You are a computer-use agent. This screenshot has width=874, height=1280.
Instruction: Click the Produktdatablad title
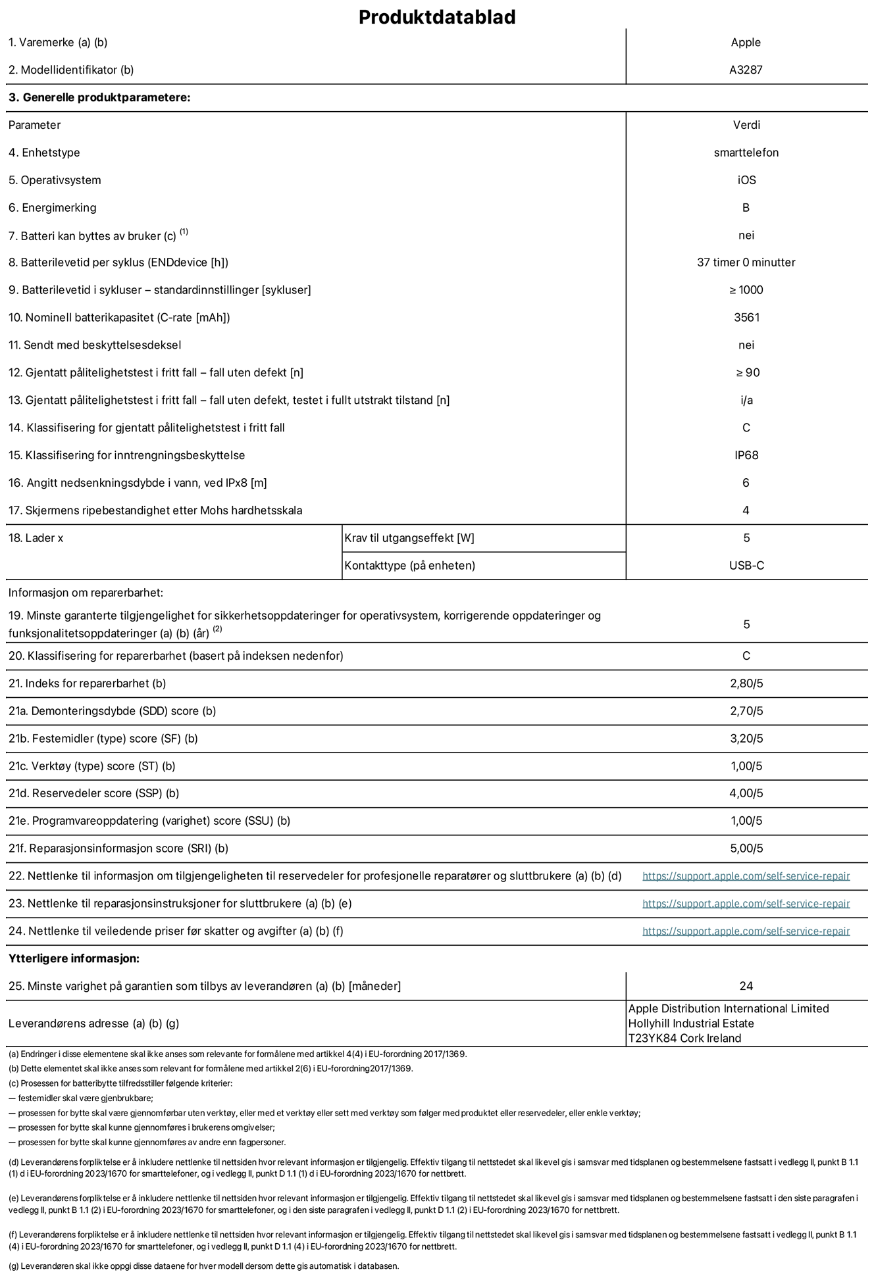click(x=436, y=17)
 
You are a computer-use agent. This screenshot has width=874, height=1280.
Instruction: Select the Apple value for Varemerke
click(x=746, y=43)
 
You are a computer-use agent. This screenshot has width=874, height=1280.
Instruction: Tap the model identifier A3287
click(x=746, y=70)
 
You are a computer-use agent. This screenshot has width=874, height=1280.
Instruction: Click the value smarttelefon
click(x=746, y=153)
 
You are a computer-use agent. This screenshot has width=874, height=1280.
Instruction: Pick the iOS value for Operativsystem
click(x=746, y=180)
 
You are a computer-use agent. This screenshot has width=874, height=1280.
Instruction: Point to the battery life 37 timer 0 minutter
click(x=746, y=262)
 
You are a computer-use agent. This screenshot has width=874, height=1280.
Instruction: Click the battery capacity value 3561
click(x=746, y=318)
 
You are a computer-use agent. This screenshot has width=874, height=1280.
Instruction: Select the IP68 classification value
click(x=746, y=455)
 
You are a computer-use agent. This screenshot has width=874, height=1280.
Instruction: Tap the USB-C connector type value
click(x=746, y=566)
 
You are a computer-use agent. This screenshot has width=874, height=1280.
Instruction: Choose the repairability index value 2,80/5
click(x=746, y=683)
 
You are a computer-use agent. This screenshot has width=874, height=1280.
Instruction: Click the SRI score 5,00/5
click(x=746, y=849)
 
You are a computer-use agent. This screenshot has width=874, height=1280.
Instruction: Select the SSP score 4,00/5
click(x=746, y=793)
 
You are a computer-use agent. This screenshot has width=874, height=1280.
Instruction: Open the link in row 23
click(x=746, y=904)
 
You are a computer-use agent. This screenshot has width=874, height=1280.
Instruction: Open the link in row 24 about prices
click(x=746, y=931)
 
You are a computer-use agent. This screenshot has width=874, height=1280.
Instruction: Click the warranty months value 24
click(x=746, y=986)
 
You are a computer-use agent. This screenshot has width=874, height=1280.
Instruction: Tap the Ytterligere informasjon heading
click(x=74, y=958)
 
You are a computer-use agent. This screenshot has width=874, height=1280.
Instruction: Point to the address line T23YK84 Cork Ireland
click(x=684, y=1039)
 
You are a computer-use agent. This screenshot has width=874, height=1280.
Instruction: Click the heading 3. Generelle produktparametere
click(x=99, y=98)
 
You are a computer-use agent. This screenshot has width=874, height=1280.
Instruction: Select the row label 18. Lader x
click(x=36, y=538)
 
